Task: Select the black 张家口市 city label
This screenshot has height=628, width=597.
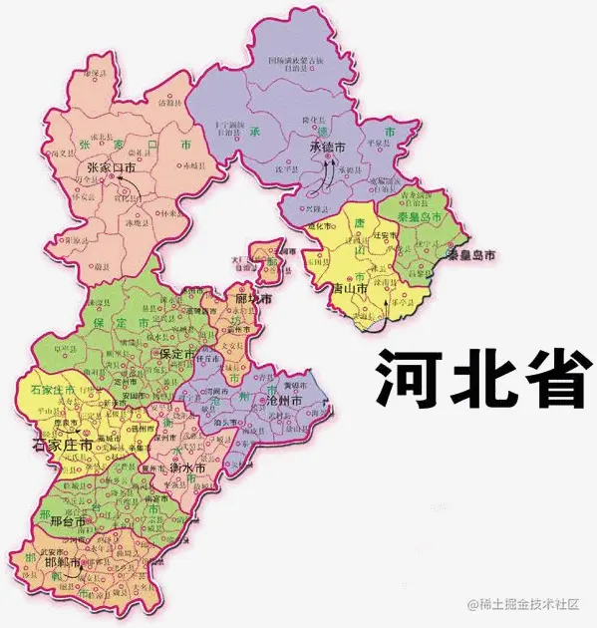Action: (x=111, y=168)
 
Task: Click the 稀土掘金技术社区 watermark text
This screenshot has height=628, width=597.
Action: (x=530, y=604)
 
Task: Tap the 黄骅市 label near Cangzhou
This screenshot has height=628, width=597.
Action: (x=297, y=382)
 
